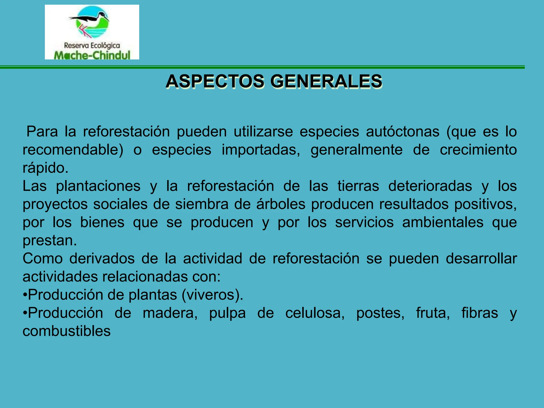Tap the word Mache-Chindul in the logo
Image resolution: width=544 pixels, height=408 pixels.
click(x=92, y=55)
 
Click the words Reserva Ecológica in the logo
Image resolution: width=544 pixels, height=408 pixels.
click(x=92, y=45)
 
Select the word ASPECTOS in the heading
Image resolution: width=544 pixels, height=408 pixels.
click(x=215, y=81)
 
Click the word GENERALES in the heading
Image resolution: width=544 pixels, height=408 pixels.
click(x=326, y=81)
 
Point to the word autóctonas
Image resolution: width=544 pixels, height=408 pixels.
click(x=403, y=132)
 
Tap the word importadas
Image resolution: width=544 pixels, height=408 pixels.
click(x=261, y=150)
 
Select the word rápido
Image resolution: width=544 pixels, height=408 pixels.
click(x=45, y=168)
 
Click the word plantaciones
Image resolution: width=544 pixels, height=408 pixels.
click(x=98, y=186)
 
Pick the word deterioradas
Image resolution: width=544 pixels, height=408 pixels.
click(x=430, y=186)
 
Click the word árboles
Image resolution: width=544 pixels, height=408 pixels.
click(x=281, y=204)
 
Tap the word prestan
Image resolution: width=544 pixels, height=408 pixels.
click(x=49, y=240)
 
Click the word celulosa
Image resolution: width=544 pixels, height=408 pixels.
click(x=315, y=313)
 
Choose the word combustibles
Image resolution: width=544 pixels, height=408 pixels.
click(x=66, y=331)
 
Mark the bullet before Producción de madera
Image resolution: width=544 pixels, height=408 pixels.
click(x=25, y=313)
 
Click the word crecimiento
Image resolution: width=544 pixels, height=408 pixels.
click(x=478, y=150)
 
